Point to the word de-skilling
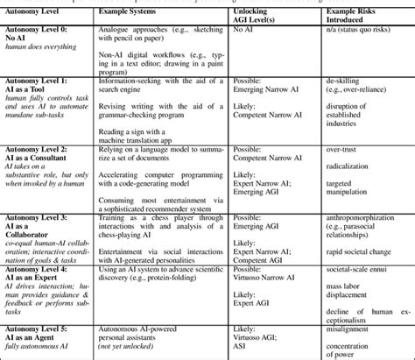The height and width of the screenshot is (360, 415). coord(346,77)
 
